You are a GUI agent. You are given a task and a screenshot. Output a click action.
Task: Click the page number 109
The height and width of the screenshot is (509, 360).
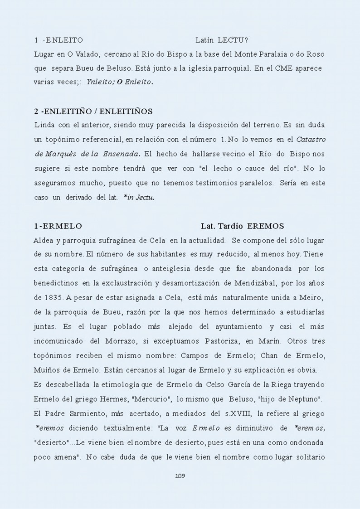[x=180, y=476]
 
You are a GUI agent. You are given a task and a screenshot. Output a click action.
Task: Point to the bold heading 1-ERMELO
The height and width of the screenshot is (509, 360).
[x=58, y=226]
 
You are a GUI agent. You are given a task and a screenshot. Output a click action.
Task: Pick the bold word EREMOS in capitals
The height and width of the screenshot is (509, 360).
[x=266, y=226]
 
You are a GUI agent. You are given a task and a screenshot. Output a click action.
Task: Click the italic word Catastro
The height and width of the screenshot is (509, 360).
[x=310, y=139]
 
